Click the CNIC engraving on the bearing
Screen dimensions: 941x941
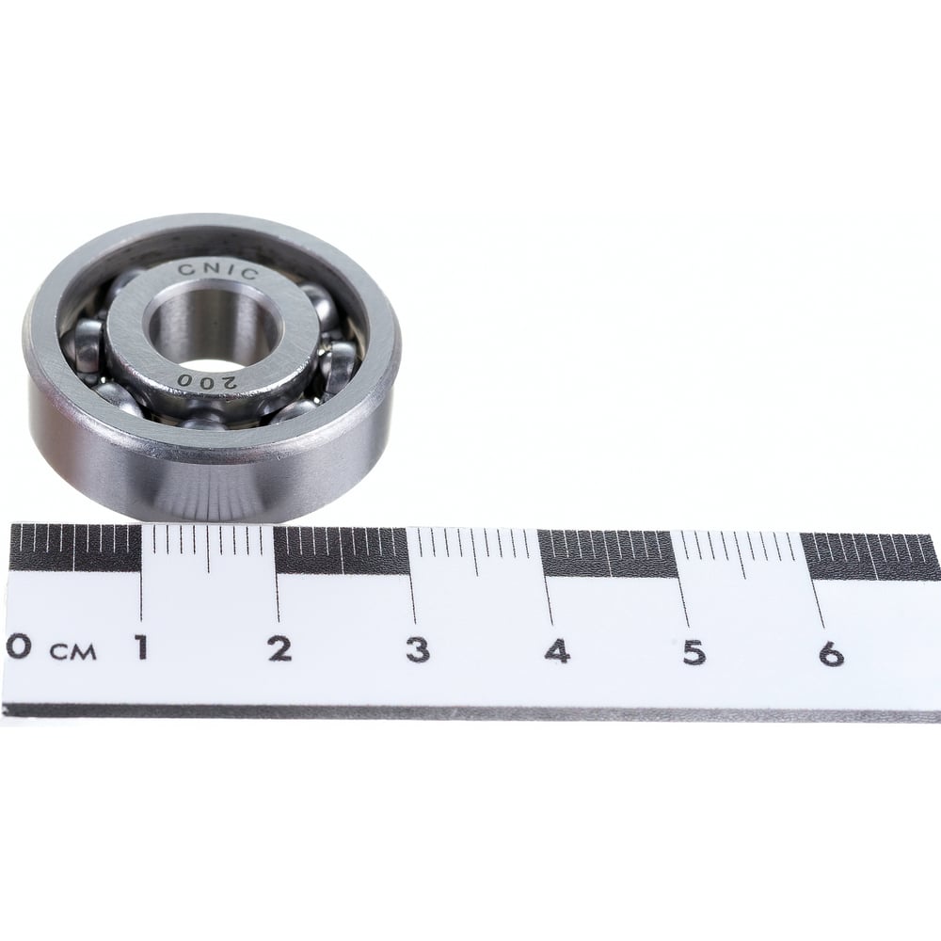(218, 271)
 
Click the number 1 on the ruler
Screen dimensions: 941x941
(142, 647)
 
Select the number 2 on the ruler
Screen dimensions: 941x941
(279, 648)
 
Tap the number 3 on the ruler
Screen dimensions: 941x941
(418, 650)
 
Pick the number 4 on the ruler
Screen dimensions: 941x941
(557, 651)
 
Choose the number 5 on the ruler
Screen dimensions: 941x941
(694, 653)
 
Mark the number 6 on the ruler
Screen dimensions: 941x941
(832, 654)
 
